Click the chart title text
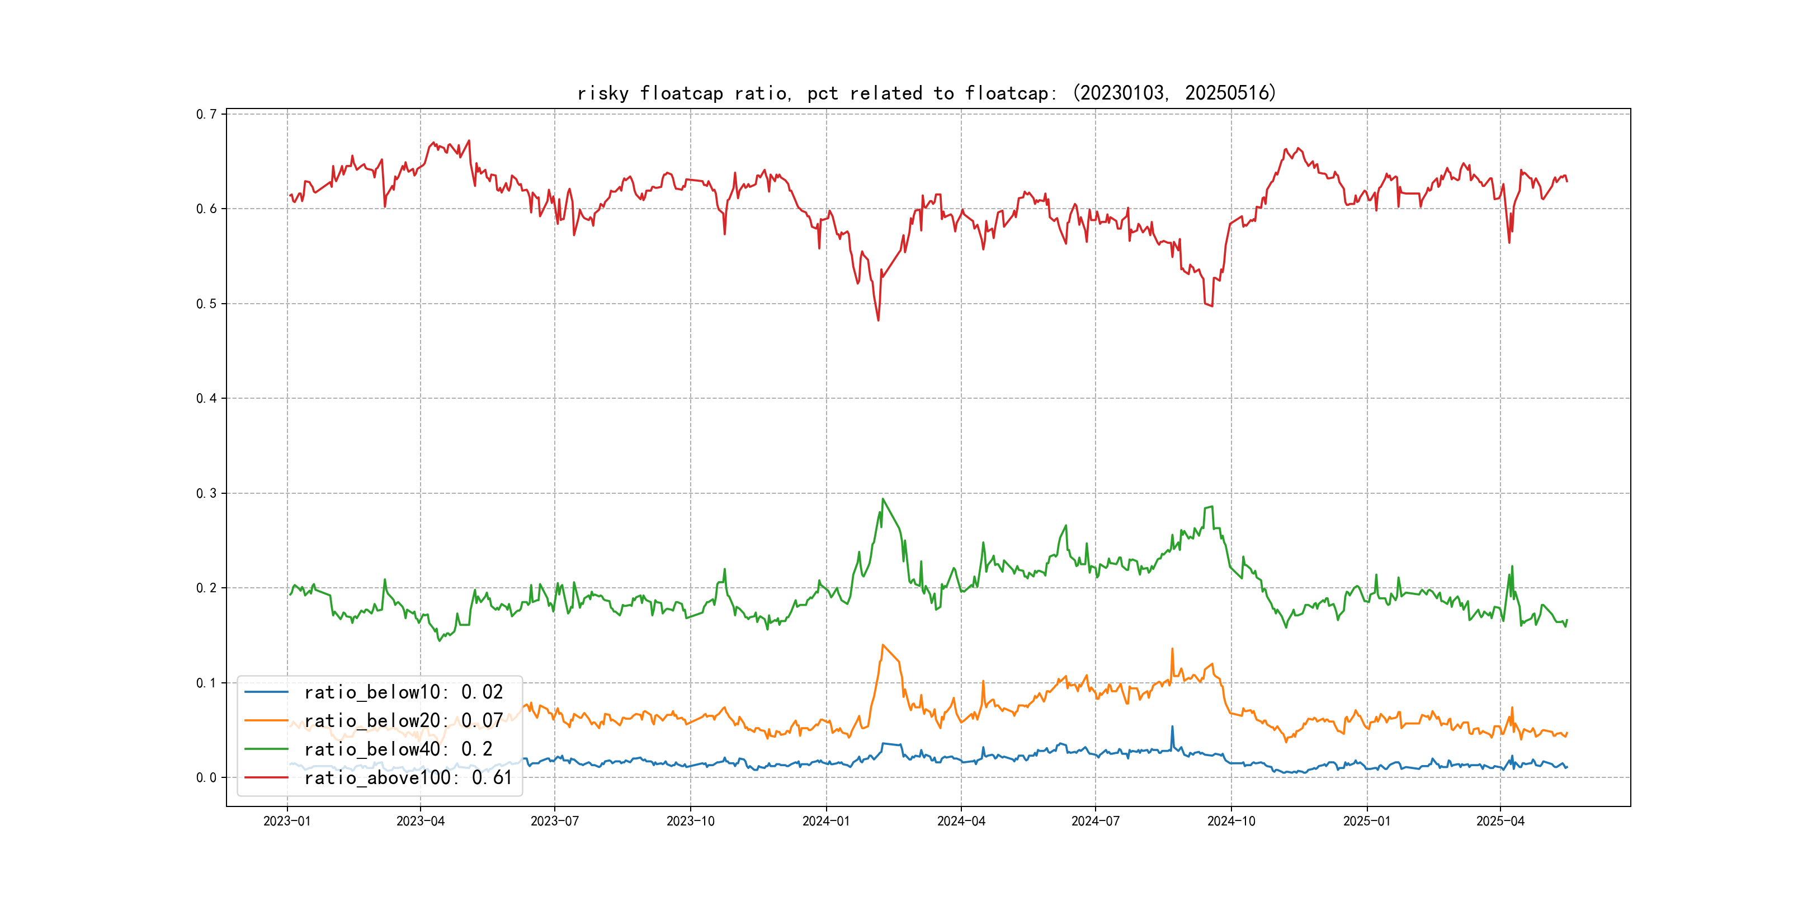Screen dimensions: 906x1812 point(926,93)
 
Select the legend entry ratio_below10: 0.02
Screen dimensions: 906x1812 point(403,692)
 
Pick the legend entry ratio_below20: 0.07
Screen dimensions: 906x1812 point(403,721)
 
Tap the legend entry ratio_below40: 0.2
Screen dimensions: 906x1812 point(398,749)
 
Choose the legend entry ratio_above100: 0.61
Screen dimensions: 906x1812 point(408,778)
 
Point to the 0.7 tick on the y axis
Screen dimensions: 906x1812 point(206,114)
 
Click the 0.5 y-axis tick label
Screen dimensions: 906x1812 point(206,304)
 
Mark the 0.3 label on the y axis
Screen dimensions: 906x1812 point(206,493)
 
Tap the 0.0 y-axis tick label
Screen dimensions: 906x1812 point(206,777)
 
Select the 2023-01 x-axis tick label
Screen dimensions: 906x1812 point(287,821)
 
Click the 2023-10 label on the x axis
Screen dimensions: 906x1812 point(690,821)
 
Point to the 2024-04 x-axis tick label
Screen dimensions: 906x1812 point(961,821)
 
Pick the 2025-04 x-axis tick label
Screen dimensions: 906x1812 point(1500,821)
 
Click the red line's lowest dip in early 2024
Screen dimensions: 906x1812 point(878,320)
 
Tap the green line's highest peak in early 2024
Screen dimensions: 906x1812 point(883,499)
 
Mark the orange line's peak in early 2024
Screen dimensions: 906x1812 point(883,645)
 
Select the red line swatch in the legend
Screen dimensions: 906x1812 point(266,778)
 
